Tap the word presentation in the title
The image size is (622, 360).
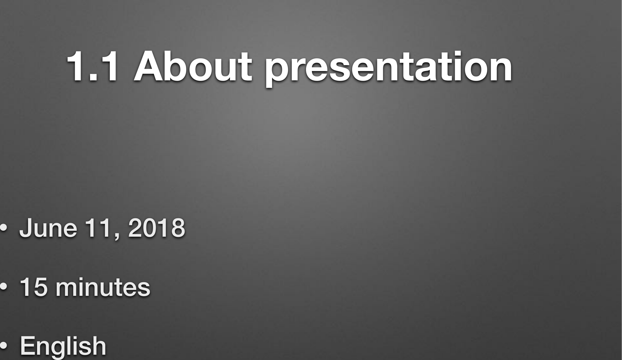[x=388, y=69]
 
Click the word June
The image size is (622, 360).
[x=48, y=228]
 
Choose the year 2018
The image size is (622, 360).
[x=156, y=228]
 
